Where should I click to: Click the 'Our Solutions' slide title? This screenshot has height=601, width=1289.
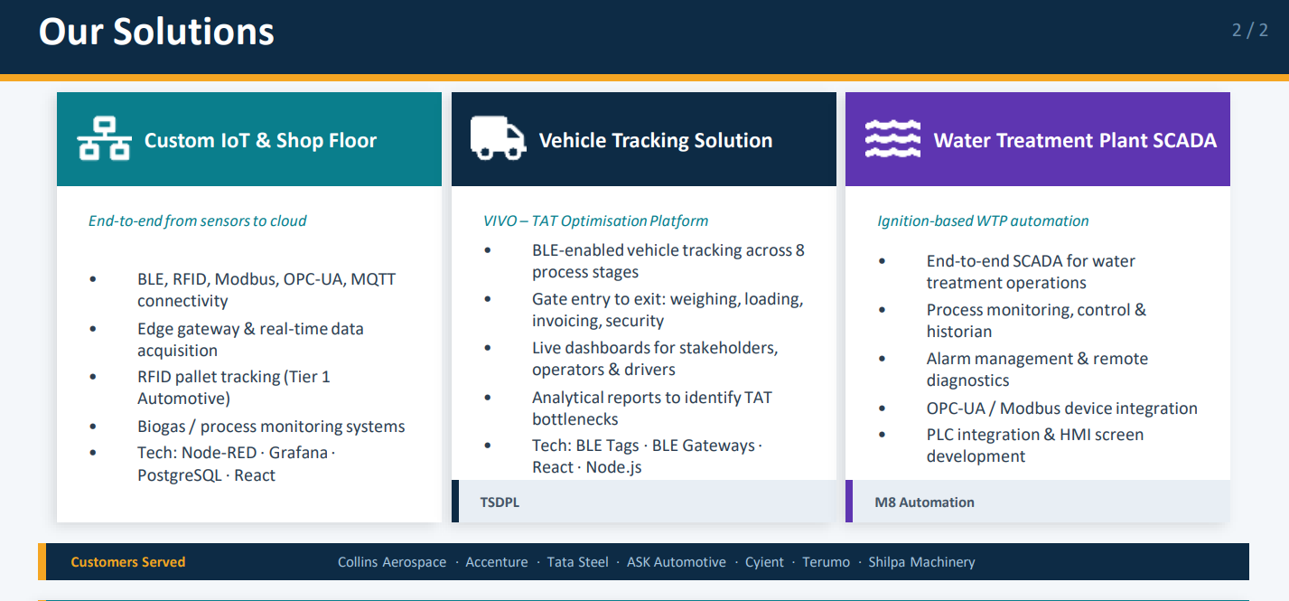coord(156,31)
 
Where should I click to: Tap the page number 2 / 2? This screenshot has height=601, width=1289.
coord(1249,30)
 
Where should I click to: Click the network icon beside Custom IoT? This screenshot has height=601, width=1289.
coord(104,138)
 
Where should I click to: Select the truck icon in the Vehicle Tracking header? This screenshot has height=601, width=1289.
coord(499,138)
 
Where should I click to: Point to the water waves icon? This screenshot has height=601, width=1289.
coord(892,138)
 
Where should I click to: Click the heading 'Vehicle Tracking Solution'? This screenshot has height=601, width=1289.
coord(656,140)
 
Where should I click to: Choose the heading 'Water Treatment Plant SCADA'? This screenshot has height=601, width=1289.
coord(1075,140)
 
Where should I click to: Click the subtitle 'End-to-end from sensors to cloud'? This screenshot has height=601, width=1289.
coord(198,221)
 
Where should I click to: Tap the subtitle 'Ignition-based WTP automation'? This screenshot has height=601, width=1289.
coord(983,221)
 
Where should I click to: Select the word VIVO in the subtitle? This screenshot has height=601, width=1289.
coord(500,221)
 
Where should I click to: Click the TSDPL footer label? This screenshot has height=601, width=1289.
coord(500,502)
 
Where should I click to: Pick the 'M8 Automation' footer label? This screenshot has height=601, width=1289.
coord(924,502)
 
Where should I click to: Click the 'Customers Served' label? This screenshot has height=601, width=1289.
coord(127,562)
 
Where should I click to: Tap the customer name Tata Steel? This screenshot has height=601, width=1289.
coord(577,562)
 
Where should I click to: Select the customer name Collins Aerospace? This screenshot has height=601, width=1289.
coord(392,562)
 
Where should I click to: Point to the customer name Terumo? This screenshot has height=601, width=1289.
coord(826,562)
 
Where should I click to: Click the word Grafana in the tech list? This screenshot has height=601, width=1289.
coord(298,453)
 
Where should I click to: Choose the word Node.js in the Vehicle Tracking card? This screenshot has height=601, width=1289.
coord(613,467)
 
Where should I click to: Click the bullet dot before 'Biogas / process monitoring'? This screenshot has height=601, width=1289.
coord(93,427)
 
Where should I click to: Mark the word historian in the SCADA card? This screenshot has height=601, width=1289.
coord(958,332)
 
